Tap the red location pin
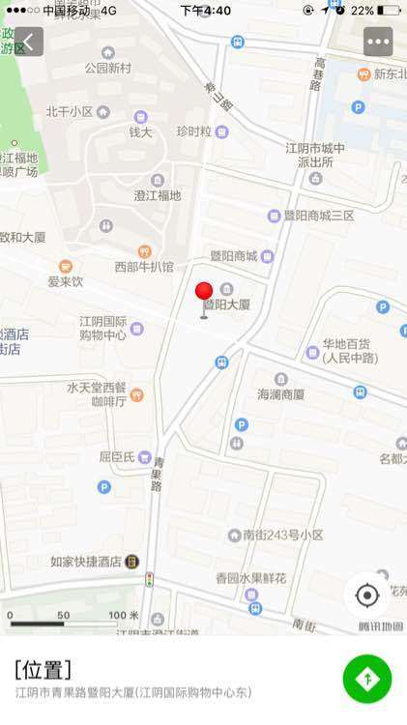click(204, 293)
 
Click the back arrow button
click(28, 42)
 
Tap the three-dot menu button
click(378, 42)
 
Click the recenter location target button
click(367, 594)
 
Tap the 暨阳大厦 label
click(226, 304)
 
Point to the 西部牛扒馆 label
click(144, 266)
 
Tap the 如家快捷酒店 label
click(86, 561)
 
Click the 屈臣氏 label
click(116, 455)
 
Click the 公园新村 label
click(107, 68)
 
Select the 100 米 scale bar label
click(123, 616)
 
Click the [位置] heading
click(43, 669)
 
